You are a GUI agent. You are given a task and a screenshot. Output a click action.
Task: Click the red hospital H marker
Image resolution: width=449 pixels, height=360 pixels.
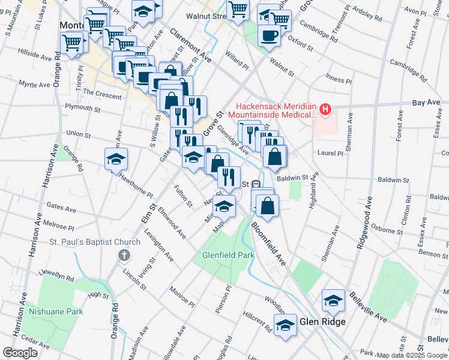325,109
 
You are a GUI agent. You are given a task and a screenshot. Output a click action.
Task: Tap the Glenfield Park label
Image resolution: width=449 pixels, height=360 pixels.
228,255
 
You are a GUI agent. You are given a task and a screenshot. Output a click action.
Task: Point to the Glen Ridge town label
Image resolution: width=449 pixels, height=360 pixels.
322,322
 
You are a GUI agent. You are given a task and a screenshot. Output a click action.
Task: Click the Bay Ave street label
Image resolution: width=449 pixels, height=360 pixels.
427,103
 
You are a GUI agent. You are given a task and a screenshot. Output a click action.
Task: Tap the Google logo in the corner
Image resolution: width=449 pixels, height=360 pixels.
20,353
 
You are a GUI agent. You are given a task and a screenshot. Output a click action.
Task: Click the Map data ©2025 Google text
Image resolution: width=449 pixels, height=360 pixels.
412,355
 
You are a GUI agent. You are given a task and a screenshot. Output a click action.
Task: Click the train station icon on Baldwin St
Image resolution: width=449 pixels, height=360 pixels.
256,184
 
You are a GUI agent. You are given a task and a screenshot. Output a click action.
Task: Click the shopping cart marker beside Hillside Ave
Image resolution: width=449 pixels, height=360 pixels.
71,43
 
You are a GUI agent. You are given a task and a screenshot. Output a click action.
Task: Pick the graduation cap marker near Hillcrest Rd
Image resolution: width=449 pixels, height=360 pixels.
285,326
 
